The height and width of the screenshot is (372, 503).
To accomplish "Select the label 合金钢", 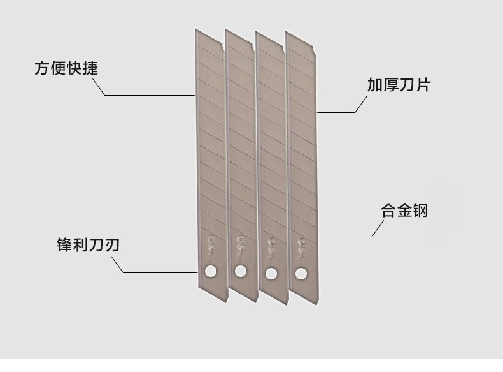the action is [x=404, y=211].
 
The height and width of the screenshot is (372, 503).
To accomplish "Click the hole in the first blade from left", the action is [x=210, y=272].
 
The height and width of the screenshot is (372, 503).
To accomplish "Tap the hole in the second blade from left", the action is [x=240, y=272].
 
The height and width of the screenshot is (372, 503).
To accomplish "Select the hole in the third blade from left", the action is [x=271, y=274].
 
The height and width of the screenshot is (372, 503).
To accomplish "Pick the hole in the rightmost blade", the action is [x=301, y=274].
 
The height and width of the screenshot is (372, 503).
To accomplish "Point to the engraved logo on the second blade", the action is [x=241, y=244].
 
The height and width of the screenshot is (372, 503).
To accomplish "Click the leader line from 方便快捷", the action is [x=150, y=96].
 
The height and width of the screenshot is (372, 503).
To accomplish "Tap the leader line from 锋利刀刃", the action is [x=159, y=272].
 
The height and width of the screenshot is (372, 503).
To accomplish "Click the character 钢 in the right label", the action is [x=420, y=211].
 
